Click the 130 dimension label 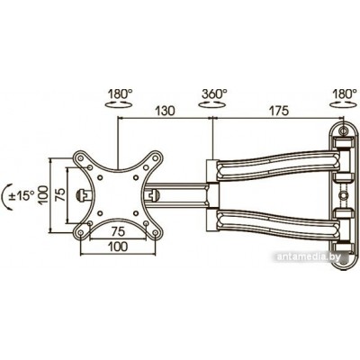click(x=165, y=111)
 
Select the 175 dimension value click(x=278, y=111)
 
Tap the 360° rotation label click(x=214, y=94)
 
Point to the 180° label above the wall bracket click(x=345, y=94)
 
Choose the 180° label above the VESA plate click(x=120, y=94)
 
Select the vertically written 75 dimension click(x=59, y=195)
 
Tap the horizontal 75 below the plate click(x=118, y=231)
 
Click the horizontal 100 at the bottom click(x=118, y=247)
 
